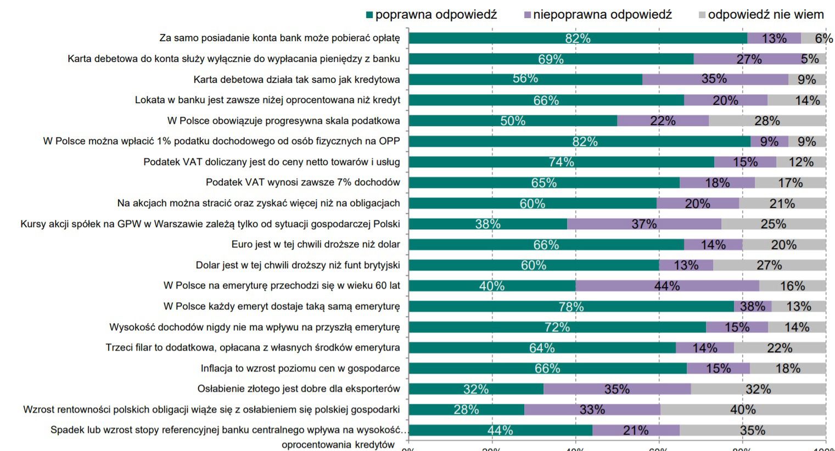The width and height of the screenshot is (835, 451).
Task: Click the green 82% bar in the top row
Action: [x=578, y=38]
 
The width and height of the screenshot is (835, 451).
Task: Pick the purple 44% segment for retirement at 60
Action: [x=667, y=286]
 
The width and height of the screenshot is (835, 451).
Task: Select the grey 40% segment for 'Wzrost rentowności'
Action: [x=743, y=410]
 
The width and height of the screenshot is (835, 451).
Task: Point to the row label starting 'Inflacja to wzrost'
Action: [x=300, y=368]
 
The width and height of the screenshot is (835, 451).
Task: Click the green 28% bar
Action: [x=466, y=410]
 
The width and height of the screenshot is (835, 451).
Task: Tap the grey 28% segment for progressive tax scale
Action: [x=767, y=121]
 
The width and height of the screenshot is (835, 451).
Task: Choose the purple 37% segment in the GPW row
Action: [x=644, y=224]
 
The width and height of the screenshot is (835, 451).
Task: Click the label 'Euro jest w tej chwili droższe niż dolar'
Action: [x=316, y=244]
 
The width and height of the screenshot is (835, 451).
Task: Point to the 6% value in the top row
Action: [x=823, y=38]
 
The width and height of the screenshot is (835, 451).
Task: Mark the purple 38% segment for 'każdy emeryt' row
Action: [x=753, y=306]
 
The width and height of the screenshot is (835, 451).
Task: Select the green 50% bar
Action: [x=513, y=121]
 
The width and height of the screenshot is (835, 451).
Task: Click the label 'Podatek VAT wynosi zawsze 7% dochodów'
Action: [x=302, y=182]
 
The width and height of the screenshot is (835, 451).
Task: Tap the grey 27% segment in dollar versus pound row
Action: [x=769, y=265]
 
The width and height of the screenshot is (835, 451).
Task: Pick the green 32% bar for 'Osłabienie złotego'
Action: [x=476, y=389]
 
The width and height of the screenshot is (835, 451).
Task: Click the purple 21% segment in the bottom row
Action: [x=636, y=430]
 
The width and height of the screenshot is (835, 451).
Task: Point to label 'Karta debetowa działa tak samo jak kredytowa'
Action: [x=296, y=80]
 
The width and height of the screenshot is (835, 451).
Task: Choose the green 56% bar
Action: [x=525, y=80]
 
